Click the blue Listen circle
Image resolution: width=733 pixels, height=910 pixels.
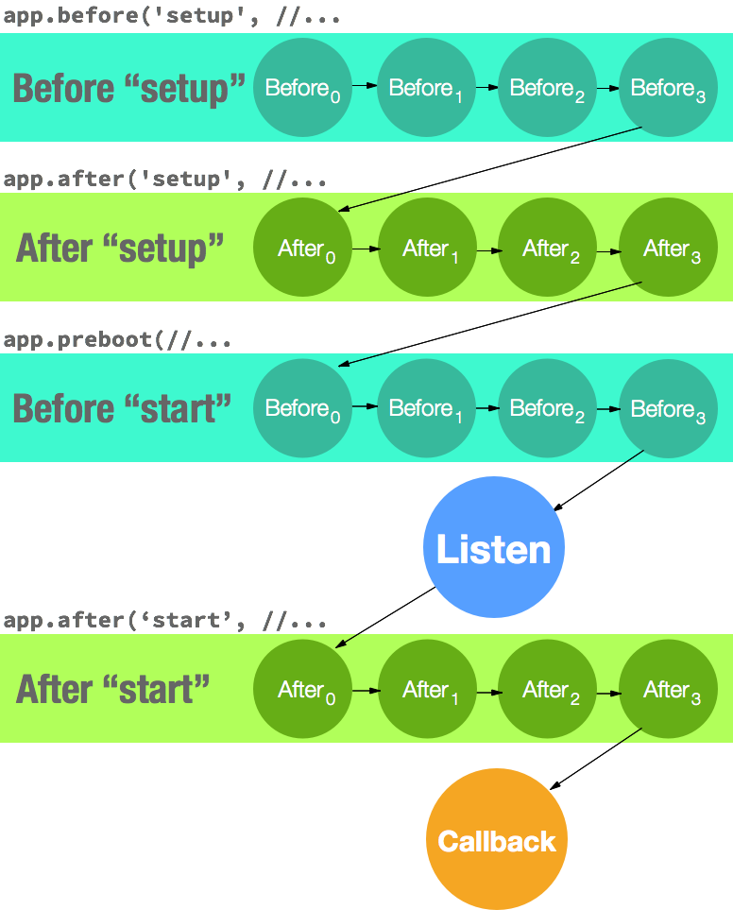(x=493, y=547)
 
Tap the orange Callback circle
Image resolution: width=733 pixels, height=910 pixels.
(x=497, y=840)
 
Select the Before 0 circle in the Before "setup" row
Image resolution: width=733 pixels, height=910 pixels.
(x=302, y=88)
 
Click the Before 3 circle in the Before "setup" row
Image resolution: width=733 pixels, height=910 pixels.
(x=668, y=88)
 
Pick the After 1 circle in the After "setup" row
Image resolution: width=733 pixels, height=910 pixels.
(x=427, y=249)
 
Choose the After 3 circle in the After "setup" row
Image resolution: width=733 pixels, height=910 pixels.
(x=668, y=249)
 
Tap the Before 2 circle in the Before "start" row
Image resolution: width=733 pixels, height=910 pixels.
(x=548, y=408)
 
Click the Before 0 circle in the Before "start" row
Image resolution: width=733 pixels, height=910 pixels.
(x=302, y=408)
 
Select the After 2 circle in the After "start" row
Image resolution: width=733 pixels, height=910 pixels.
(x=548, y=690)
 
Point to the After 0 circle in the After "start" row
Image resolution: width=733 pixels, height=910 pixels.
(x=302, y=690)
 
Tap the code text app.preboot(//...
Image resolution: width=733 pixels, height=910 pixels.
(x=117, y=340)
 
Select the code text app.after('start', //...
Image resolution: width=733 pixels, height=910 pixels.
(x=165, y=621)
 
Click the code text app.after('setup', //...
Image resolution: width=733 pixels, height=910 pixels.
(x=165, y=180)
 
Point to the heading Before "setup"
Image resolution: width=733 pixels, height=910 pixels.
(x=128, y=89)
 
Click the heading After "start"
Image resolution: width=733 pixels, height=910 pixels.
(x=112, y=690)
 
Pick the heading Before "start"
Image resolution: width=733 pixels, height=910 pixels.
(x=122, y=409)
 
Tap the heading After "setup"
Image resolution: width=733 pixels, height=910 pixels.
(x=120, y=249)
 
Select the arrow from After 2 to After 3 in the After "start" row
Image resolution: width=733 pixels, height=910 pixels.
(x=608, y=692)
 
